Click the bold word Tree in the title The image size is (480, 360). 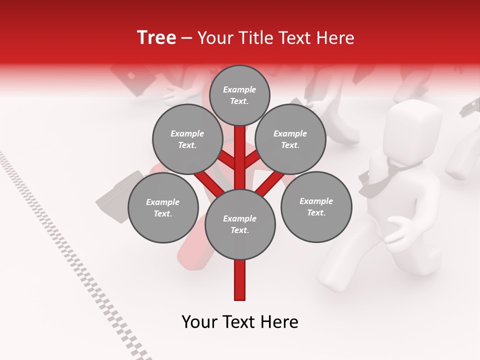[x=156, y=38]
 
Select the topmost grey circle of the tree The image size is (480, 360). [x=239, y=95]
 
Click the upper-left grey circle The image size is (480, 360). [x=187, y=139]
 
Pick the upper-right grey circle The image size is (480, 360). [x=290, y=139]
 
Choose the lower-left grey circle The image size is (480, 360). [x=163, y=207]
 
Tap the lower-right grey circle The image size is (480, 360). [x=316, y=206]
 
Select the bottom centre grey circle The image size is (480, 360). [x=240, y=224]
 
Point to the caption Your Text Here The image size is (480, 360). [x=240, y=322]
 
